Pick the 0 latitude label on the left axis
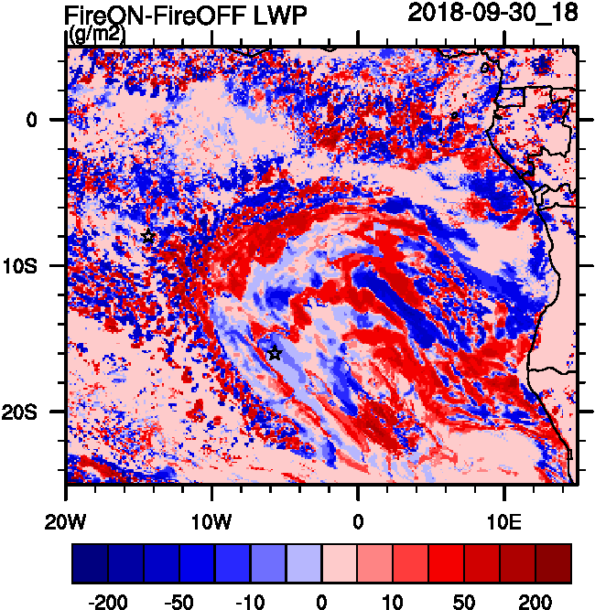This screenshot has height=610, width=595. coord(30,120)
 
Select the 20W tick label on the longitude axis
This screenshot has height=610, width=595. coord(66,521)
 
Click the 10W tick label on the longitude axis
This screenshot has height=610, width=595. coord(212,521)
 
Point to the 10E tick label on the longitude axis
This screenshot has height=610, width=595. coord(504,521)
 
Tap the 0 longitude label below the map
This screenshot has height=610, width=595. coord(358,521)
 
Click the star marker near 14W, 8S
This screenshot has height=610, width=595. coord(148,237)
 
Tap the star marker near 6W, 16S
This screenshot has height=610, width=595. coord(275,353)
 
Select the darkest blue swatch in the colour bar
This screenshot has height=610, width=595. coord(90,563)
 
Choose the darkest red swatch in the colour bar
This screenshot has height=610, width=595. coord(554,563)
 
